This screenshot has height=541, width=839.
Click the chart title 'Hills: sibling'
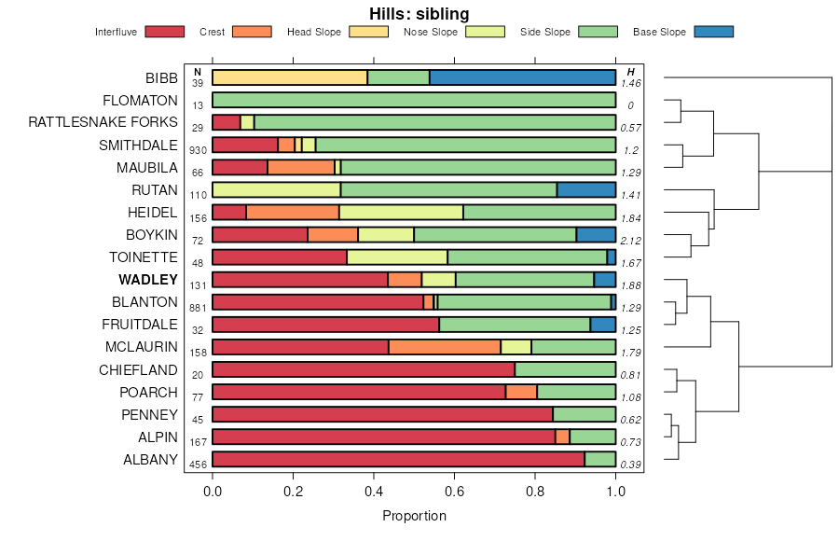coord(419,13)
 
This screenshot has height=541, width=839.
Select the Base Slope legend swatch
coord(714,32)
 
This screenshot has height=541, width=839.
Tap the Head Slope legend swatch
coord(368,32)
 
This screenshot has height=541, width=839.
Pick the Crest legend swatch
coord(252,32)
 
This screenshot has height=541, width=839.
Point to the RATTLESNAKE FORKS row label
coord(103,122)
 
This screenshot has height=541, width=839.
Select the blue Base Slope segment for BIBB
coord(522,77)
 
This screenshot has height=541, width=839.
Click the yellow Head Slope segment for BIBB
coord(290,77)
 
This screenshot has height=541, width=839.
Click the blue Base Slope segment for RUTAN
coord(586,189)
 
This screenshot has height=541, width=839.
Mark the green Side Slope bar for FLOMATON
coord(414,100)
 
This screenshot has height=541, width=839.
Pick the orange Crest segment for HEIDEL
coord(293,212)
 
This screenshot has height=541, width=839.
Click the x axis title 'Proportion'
coord(414,516)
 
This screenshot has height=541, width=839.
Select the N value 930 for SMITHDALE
coord(198,151)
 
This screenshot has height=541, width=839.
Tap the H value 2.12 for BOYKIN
coord(630,241)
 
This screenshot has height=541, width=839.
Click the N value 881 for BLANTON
coord(198,308)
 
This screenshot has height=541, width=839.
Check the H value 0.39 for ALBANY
coord(630,465)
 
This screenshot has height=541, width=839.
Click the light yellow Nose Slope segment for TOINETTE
coord(397,257)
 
